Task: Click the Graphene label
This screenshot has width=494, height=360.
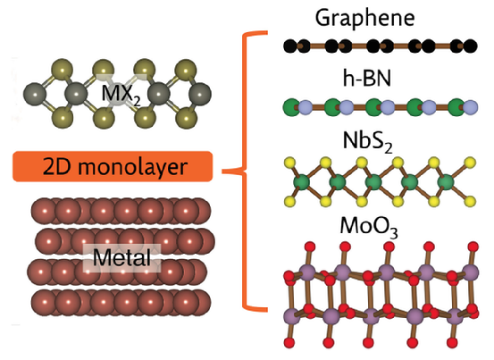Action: (364, 18)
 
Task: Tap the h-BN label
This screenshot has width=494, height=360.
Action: (367, 78)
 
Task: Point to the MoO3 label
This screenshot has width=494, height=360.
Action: (369, 227)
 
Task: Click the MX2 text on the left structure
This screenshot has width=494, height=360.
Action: (121, 95)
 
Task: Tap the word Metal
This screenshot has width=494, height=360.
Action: (121, 257)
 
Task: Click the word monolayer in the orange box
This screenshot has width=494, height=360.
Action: (132, 167)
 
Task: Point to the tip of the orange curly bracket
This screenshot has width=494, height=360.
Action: (222, 172)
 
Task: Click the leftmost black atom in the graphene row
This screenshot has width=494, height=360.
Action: (289, 46)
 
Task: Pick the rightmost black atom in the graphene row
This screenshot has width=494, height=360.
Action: (471, 46)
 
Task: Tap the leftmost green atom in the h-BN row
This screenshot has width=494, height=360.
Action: (292, 107)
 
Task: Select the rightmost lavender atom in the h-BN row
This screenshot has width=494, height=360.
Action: (471, 107)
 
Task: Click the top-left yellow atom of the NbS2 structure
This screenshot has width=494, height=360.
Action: (289, 163)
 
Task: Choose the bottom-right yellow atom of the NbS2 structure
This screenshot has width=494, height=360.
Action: (471, 201)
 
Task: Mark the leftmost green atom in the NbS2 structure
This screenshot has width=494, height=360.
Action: (302, 182)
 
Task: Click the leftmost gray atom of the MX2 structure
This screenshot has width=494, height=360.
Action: (35, 94)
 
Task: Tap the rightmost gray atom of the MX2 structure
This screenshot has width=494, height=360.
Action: (200, 94)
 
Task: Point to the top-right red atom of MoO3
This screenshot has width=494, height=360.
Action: (473, 247)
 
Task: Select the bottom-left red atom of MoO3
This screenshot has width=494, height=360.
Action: (289, 342)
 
